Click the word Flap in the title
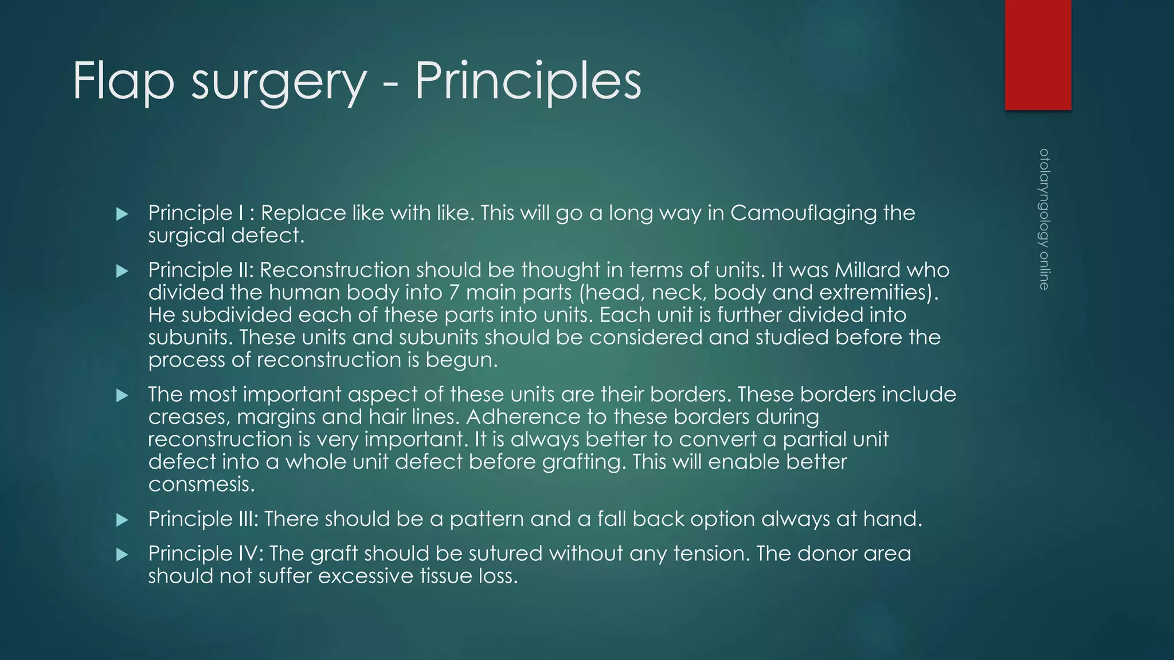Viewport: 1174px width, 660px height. tap(123, 82)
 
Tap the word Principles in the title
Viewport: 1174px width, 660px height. tap(528, 82)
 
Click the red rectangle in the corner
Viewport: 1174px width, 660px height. tap(1038, 54)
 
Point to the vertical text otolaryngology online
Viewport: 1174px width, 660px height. tap(1044, 219)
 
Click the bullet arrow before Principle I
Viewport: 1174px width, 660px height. tap(122, 214)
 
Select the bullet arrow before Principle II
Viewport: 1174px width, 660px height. tap(122, 271)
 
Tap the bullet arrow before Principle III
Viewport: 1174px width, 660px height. tap(122, 520)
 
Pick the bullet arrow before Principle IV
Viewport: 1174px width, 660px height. tap(122, 555)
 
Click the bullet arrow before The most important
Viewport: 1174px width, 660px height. tap(122, 395)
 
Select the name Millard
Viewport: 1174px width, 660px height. tap(874, 270)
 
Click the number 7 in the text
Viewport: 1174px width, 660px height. tap(454, 292)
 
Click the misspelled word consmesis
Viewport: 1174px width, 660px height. tap(201, 485)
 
